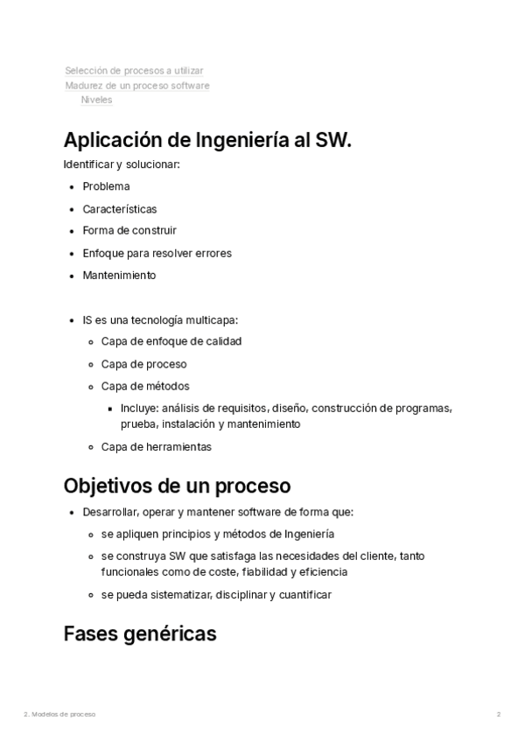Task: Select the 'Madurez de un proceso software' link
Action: click(x=137, y=86)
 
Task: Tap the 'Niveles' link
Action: click(x=96, y=100)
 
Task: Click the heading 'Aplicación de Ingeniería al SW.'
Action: click(x=207, y=140)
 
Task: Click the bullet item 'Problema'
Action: click(x=106, y=186)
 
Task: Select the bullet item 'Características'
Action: click(x=120, y=209)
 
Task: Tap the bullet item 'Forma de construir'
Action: click(x=129, y=231)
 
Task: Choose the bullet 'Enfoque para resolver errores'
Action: click(x=157, y=253)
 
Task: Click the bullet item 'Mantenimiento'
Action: click(x=119, y=275)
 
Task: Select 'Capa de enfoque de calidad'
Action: click(x=171, y=341)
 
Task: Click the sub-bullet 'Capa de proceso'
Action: click(x=143, y=364)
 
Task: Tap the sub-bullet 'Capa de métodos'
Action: click(x=145, y=386)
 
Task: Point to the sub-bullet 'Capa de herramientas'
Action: click(x=156, y=446)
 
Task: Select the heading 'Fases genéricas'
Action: click(x=140, y=633)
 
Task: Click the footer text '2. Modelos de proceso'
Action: click(x=59, y=715)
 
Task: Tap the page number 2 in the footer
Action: click(x=499, y=715)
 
